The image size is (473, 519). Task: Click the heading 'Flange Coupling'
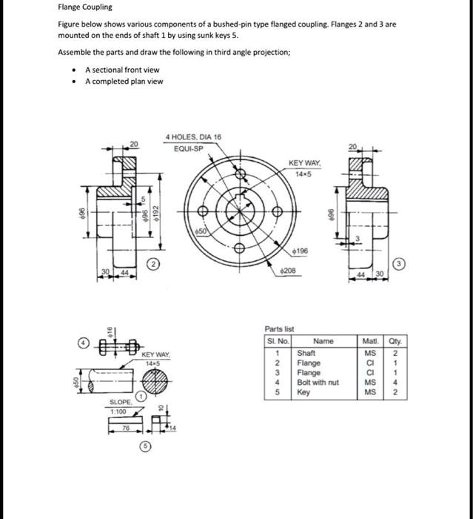[x=85, y=7]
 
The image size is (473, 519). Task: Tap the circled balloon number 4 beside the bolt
[x=83, y=343]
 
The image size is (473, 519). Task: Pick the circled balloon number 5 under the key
[x=145, y=446]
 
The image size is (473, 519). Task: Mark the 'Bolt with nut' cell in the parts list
[x=318, y=383]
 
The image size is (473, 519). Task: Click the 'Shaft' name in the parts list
[x=306, y=354]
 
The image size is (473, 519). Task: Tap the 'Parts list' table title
[x=279, y=328]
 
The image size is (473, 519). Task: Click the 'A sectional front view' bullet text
[x=122, y=69]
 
